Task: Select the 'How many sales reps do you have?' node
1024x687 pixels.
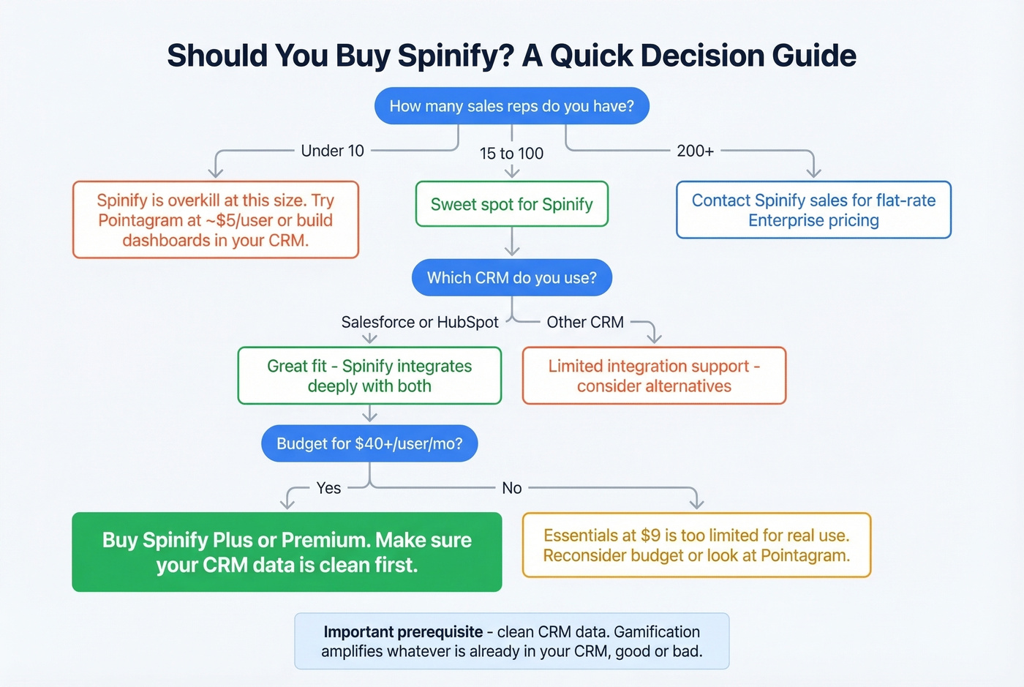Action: (x=511, y=106)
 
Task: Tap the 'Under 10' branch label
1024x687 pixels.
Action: (x=332, y=151)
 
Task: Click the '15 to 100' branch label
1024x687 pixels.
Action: (x=511, y=154)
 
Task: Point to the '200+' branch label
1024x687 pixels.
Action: (x=695, y=151)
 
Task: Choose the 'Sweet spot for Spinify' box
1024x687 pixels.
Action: (x=511, y=204)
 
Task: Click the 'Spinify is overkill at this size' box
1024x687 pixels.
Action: (x=215, y=220)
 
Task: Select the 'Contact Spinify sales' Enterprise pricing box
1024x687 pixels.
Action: (x=813, y=210)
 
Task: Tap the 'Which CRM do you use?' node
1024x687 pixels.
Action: (x=511, y=278)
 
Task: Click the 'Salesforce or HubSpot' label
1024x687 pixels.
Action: (x=419, y=322)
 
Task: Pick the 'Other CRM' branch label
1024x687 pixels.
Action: (x=585, y=322)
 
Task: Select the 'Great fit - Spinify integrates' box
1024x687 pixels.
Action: (x=369, y=376)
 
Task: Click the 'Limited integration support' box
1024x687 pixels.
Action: (x=654, y=376)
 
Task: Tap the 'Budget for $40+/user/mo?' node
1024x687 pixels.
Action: (x=369, y=443)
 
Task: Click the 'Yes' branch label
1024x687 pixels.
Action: (x=328, y=488)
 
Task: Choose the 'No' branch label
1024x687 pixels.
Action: (x=511, y=488)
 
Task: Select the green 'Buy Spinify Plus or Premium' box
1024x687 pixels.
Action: (x=287, y=552)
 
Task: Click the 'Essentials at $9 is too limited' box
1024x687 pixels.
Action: (x=696, y=545)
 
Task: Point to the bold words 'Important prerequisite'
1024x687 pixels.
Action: (x=403, y=632)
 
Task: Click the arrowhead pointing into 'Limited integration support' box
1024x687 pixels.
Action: (x=654, y=339)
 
